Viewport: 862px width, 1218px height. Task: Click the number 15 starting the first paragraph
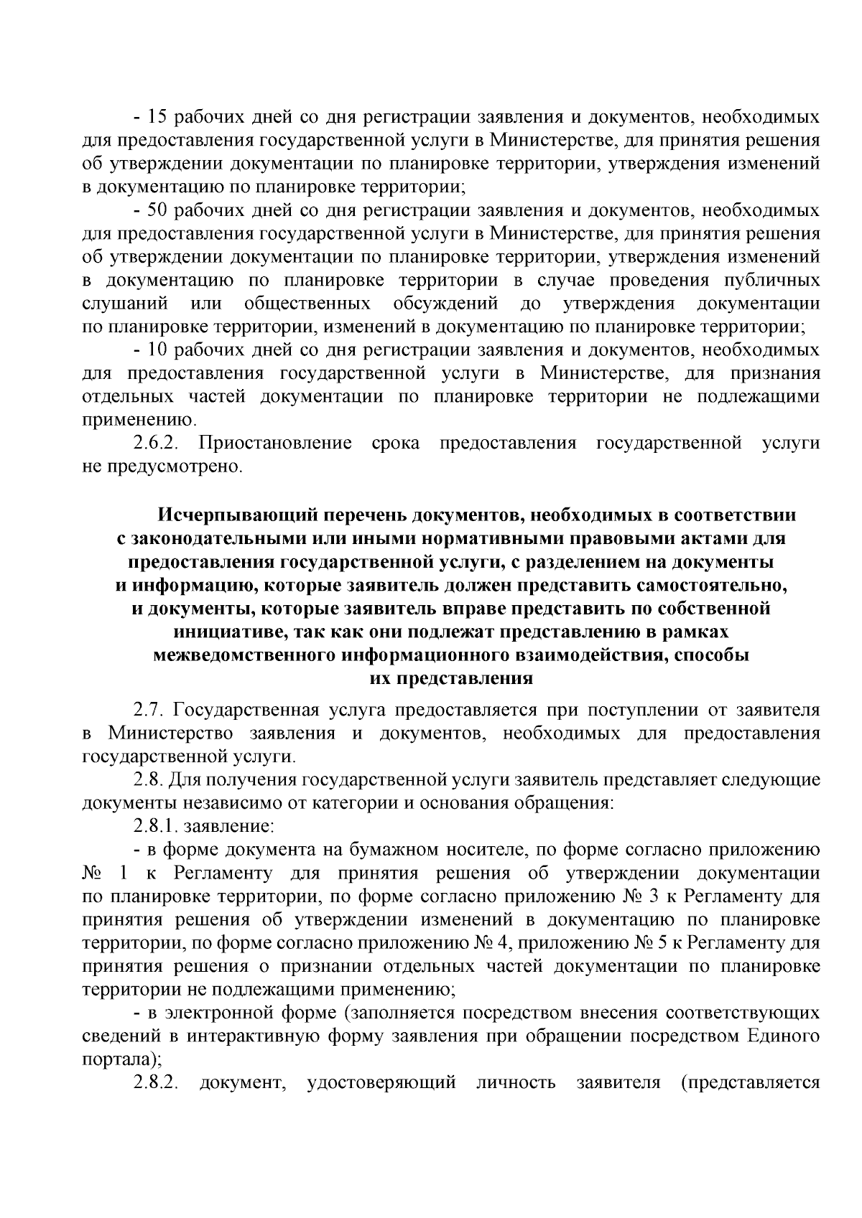click(157, 116)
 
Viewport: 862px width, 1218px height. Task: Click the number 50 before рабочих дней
click(157, 210)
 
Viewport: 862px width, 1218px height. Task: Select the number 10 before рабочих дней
click(157, 350)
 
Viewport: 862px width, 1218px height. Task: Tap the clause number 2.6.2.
click(155, 443)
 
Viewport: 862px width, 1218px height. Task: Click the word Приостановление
click(274, 443)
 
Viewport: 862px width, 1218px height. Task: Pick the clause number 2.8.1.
click(155, 826)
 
